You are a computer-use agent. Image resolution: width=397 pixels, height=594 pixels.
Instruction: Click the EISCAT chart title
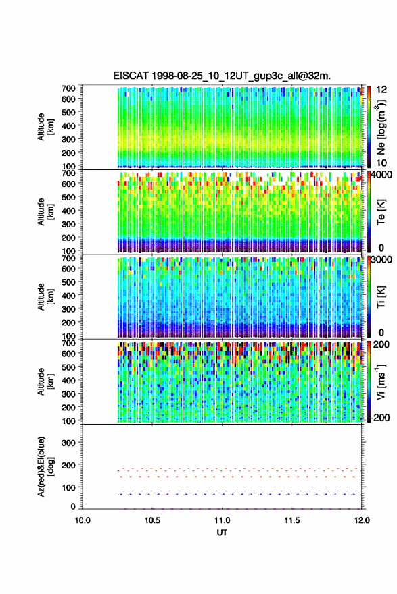pyautogui.click(x=222, y=76)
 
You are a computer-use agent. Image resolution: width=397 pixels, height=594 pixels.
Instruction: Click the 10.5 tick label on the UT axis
pyautogui.click(x=152, y=520)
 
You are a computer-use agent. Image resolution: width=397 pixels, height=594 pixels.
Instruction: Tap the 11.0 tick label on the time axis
pyautogui.click(x=222, y=520)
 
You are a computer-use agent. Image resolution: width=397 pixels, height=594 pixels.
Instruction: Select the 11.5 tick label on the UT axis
pyautogui.click(x=292, y=520)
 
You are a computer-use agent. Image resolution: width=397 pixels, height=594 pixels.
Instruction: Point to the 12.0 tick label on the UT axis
pyautogui.click(x=362, y=520)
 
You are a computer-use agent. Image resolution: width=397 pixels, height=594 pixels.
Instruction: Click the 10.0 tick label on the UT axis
pyautogui.click(x=83, y=520)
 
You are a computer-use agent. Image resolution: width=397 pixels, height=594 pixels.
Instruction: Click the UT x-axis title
pyautogui.click(x=222, y=533)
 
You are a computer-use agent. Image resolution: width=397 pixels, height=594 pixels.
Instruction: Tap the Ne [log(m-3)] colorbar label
pyautogui.click(x=381, y=127)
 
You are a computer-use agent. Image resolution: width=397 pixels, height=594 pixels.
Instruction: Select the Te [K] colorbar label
pyautogui.click(x=381, y=212)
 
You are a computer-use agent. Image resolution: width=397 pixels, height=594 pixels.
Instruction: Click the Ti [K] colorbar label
pyautogui.click(x=381, y=297)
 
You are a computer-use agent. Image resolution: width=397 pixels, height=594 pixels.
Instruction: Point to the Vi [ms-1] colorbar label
pyautogui.click(x=381, y=382)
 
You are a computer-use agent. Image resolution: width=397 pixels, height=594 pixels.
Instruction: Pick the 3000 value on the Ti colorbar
pyautogui.click(x=382, y=259)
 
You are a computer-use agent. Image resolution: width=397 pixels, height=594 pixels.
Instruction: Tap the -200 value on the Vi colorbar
pyautogui.click(x=380, y=417)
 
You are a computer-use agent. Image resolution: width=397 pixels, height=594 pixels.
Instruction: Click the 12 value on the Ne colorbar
pyautogui.click(x=382, y=90)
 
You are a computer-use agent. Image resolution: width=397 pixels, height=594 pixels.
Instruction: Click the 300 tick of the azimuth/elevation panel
pyautogui.click(x=68, y=443)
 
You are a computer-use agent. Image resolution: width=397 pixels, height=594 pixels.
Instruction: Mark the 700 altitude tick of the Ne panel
pyautogui.click(x=68, y=88)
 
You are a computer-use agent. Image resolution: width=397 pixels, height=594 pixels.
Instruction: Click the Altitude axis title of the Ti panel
pyautogui.click(x=45, y=297)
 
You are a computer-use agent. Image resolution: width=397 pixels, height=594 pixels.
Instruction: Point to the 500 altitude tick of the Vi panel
pyautogui.click(x=68, y=367)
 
